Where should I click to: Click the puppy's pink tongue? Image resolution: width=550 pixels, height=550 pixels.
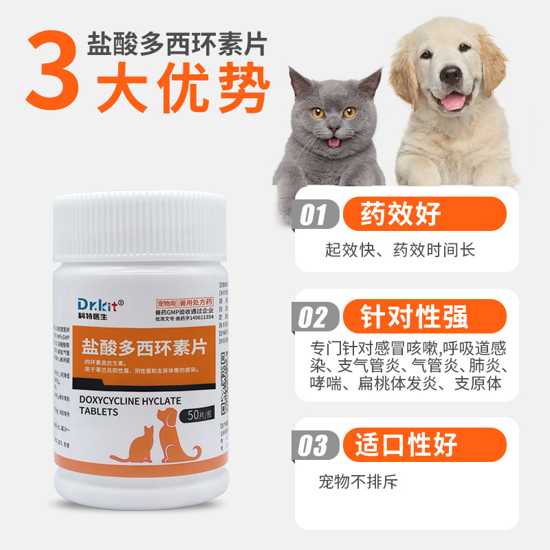453,102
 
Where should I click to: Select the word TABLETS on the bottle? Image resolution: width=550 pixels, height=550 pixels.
99,412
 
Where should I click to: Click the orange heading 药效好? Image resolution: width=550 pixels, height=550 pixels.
401,214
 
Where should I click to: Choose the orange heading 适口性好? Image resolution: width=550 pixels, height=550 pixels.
406,445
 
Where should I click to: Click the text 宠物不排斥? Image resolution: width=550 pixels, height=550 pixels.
358,481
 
